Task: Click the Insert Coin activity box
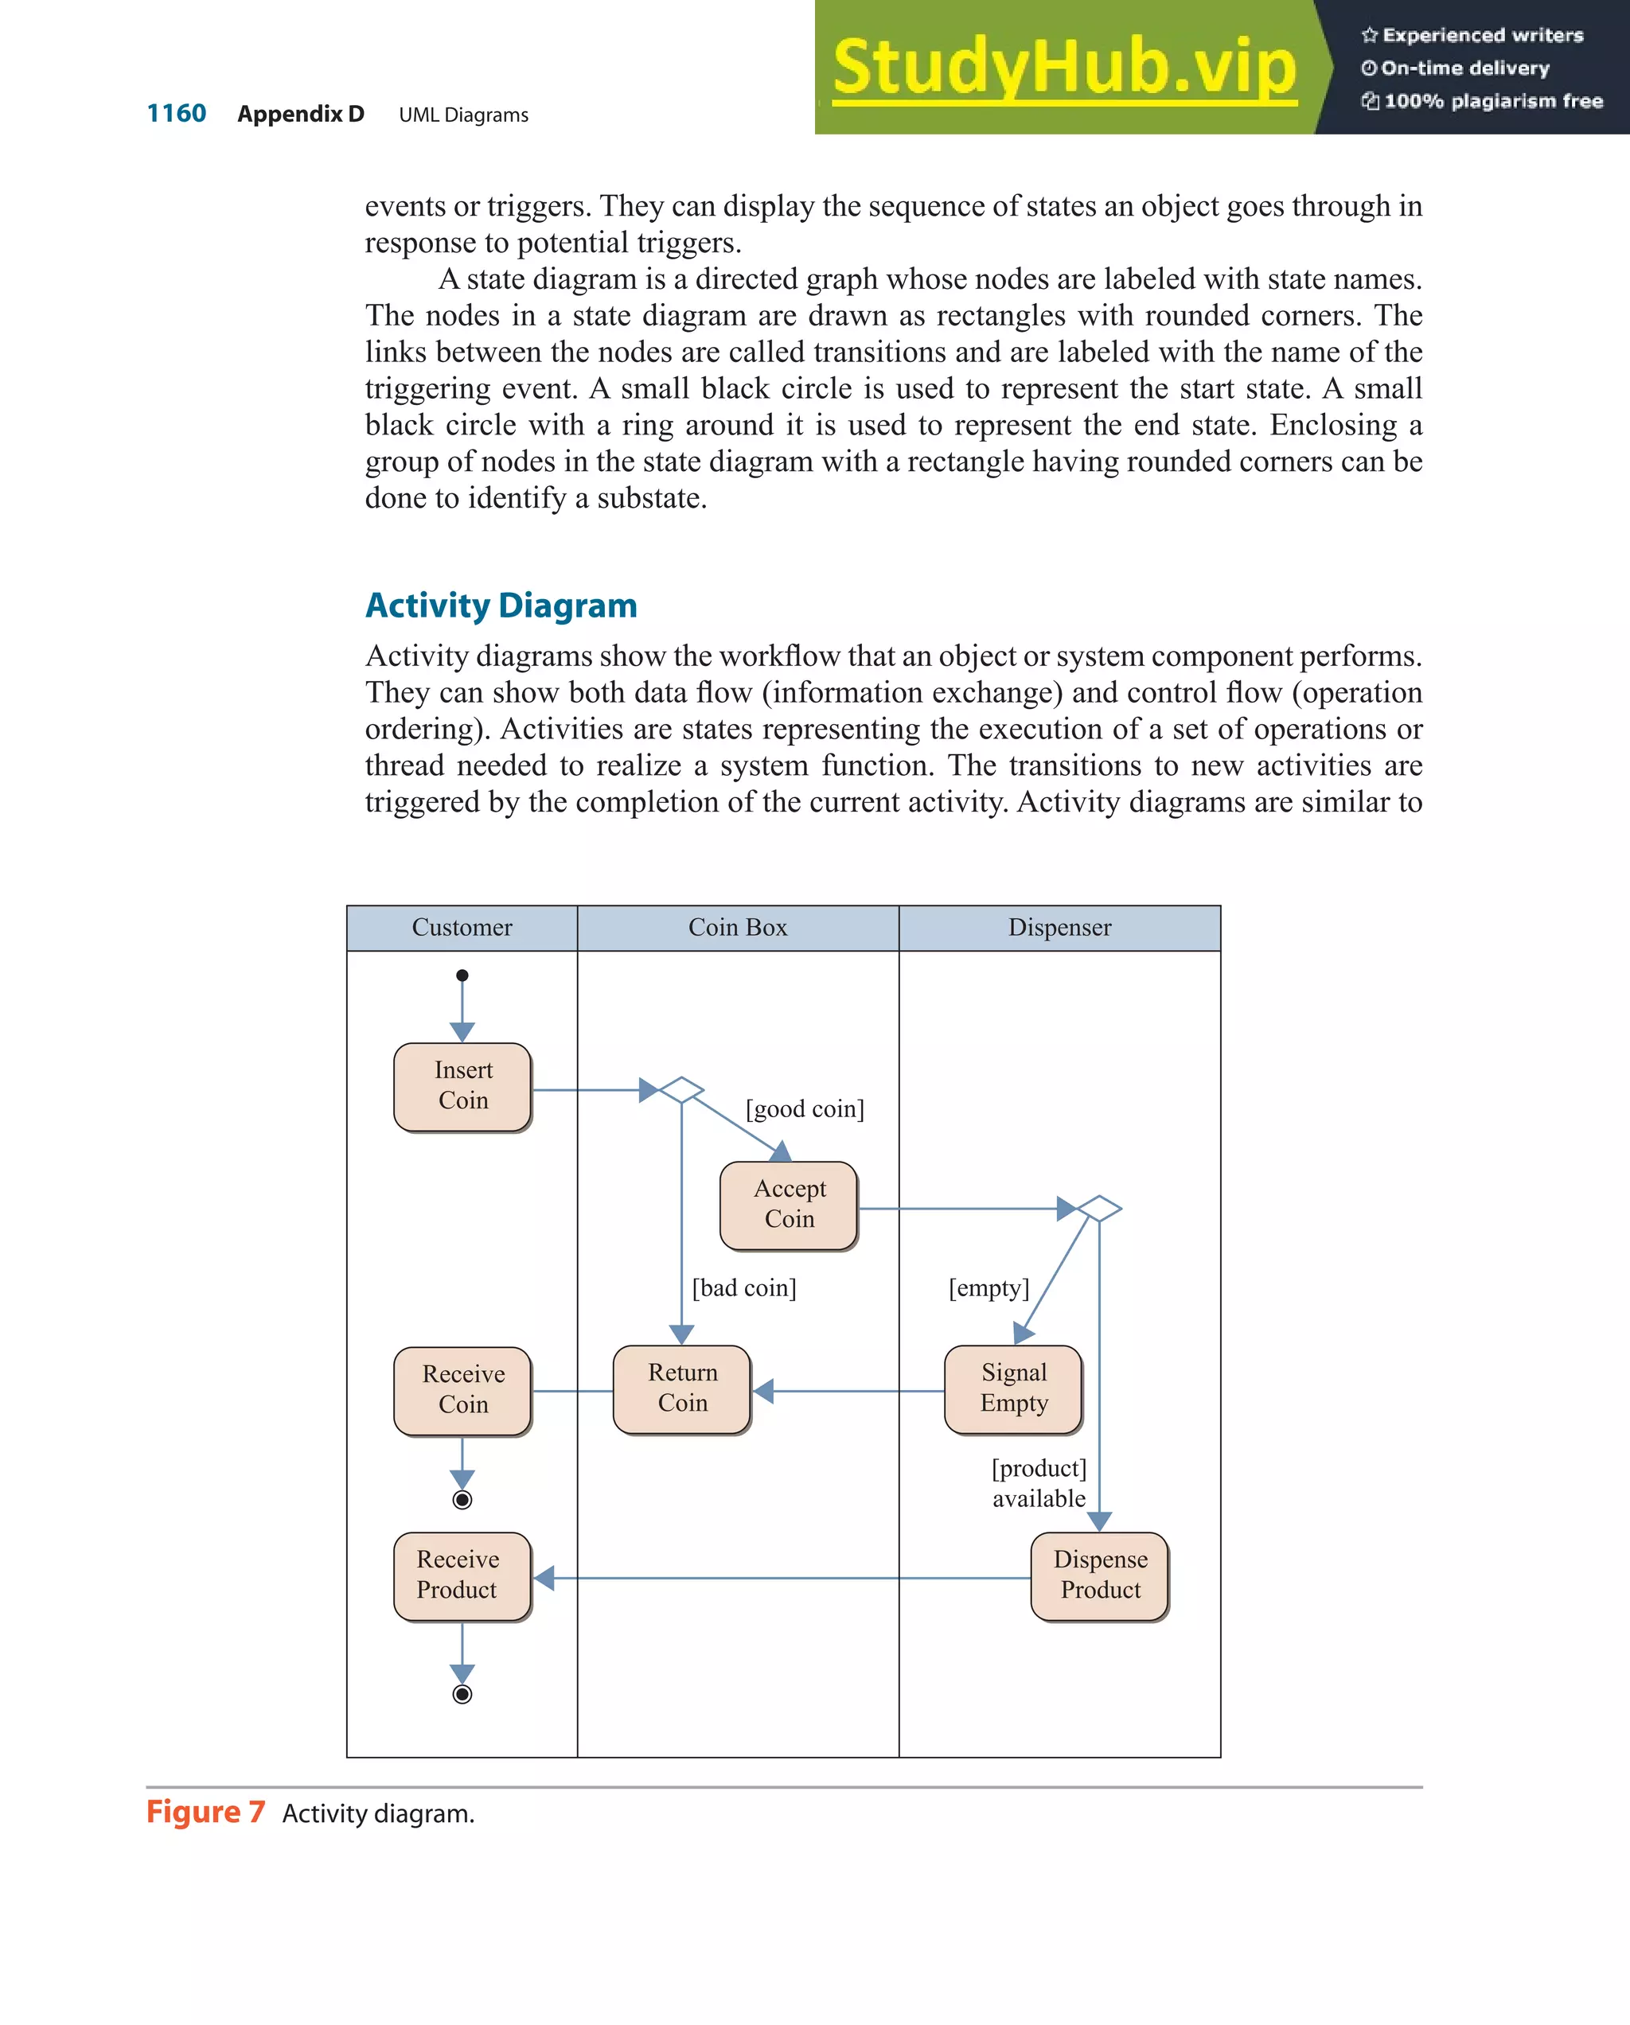coord(462,1086)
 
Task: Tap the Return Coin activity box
coord(681,1388)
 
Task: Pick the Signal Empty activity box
coord(1012,1388)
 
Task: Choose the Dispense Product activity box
coord(1099,1575)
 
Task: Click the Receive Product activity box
coord(462,1575)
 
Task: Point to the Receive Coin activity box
coord(462,1390)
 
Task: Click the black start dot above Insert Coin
coord(462,975)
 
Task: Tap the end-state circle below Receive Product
coord(462,1693)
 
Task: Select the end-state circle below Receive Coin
coord(462,1499)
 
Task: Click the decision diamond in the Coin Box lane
coord(681,1089)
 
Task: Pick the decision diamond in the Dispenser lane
coord(1098,1208)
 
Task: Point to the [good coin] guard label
coord(804,1109)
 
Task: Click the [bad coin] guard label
coord(744,1287)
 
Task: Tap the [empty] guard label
coord(989,1287)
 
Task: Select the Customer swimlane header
coord(462,928)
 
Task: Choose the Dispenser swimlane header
coord(1059,928)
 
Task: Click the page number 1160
coord(177,114)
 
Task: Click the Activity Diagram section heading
coord(501,606)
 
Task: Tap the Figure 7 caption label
coord(206,1812)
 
